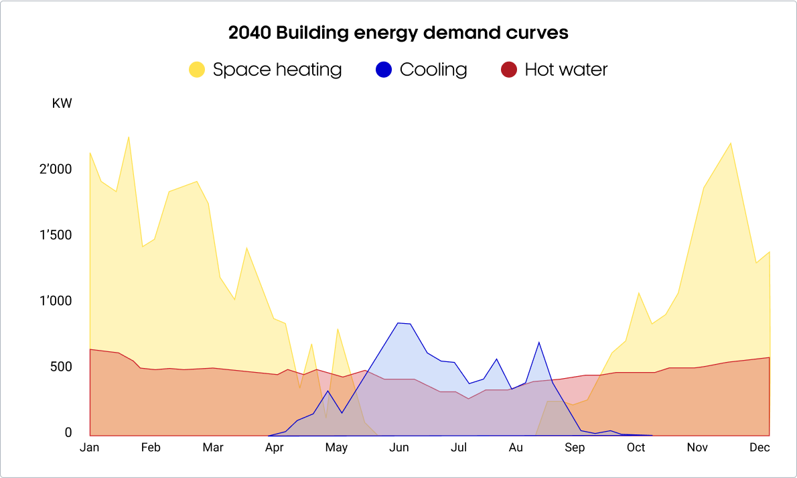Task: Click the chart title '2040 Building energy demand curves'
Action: click(x=398, y=33)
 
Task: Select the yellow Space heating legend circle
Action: click(x=197, y=70)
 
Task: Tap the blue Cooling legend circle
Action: click(x=384, y=70)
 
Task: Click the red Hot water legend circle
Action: click(x=509, y=70)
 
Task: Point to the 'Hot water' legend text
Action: click(x=566, y=70)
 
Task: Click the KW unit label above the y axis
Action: click(x=62, y=104)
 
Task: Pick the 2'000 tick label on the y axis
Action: click(x=55, y=170)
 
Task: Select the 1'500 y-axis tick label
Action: click(x=55, y=235)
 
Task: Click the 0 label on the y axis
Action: click(x=68, y=433)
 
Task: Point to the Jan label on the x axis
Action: click(x=89, y=448)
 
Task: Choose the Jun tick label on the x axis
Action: click(x=399, y=448)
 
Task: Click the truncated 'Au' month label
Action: click(x=516, y=448)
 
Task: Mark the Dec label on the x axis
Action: click(x=759, y=448)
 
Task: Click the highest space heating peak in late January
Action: click(x=129, y=137)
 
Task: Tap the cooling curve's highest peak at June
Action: click(x=398, y=323)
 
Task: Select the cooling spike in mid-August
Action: click(x=538, y=343)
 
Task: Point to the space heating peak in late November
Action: click(x=730, y=143)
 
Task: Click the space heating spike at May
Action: click(x=338, y=329)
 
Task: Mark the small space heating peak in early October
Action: click(x=639, y=293)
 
